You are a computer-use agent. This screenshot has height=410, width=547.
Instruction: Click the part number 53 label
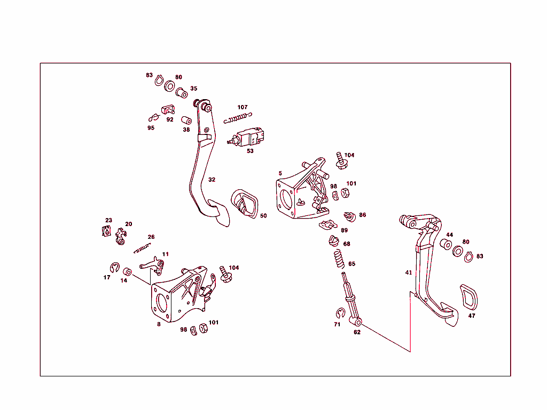click(x=250, y=151)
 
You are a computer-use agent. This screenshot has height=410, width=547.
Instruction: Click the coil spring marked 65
click(x=338, y=260)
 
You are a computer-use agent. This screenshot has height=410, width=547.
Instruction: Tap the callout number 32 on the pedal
click(x=212, y=180)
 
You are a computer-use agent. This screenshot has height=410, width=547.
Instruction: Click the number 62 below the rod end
click(x=357, y=332)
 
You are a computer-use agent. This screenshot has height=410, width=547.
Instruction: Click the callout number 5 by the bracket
click(x=280, y=173)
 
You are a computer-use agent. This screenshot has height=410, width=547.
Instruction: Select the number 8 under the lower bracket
click(x=159, y=324)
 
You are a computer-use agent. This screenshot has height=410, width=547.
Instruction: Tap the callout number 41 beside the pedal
click(x=409, y=272)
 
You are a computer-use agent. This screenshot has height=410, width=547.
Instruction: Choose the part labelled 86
click(x=350, y=216)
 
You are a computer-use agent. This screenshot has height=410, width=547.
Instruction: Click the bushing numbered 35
click(x=182, y=93)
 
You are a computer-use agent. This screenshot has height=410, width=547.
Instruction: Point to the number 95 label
click(x=151, y=128)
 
